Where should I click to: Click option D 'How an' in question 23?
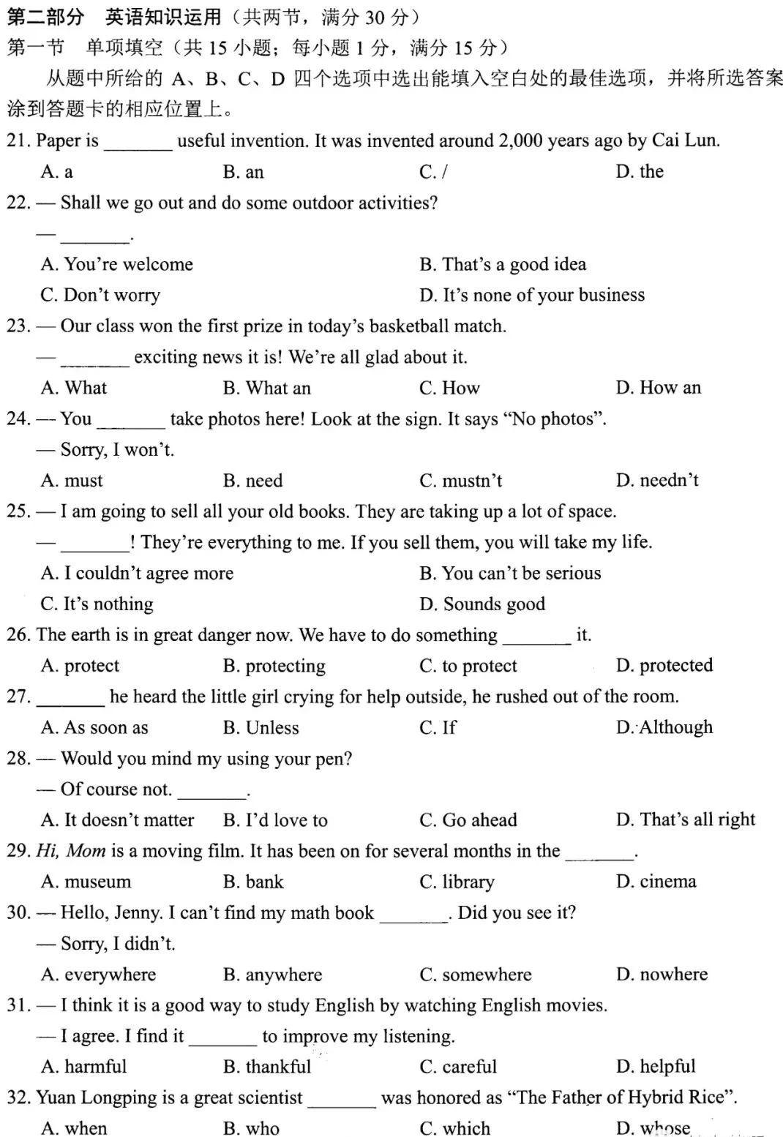click(658, 388)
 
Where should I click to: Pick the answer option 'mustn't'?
click(461, 481)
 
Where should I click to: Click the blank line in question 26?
click(536, 636)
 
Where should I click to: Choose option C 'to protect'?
click(468, 666)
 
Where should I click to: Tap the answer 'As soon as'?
click(94, 727)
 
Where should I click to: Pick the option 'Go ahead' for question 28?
click(468, 820)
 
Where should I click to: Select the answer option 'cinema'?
click(656, 882)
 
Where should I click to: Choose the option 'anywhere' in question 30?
click(272, 975)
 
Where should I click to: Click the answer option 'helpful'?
click(656, 1067)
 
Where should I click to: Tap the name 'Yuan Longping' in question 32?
click(91, 1097)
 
